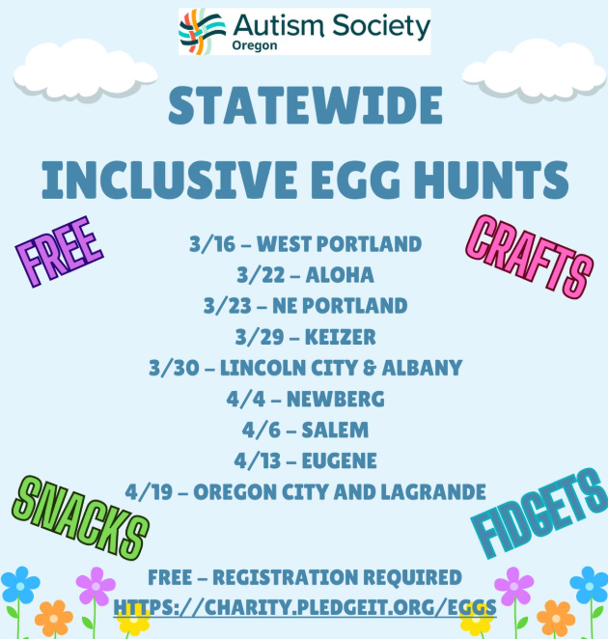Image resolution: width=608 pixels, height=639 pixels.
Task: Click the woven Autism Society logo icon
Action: coord(202,32)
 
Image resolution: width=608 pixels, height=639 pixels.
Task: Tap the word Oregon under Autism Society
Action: coord(255,45)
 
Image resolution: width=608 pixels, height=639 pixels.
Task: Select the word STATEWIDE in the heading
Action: coord(305,105)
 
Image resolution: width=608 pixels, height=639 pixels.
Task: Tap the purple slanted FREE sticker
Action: coord(60,251)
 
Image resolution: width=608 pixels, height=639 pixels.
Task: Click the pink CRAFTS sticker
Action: coord(530,257)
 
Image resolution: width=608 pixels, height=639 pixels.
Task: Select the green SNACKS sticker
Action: coord(80,517)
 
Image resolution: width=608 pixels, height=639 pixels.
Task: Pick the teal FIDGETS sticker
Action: coord(539,514)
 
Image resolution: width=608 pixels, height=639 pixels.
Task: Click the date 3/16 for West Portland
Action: coord(212,244)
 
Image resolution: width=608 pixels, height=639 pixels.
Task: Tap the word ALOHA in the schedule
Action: coord(340,275)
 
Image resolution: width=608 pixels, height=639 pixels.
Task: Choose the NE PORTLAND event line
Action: coord(305,306)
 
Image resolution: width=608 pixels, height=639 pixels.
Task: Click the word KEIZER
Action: coord(341,337)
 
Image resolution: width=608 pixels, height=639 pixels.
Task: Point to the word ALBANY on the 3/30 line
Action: coord(422,368)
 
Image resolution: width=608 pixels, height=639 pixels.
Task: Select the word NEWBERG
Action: coord(336,399)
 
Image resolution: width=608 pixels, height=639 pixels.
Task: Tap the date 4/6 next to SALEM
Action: coord(262,430)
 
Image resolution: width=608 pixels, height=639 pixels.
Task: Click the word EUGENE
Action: coord(340,461)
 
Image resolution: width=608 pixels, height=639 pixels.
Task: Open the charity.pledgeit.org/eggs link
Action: coord(305,607)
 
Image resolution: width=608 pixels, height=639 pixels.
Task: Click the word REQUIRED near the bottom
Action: coord(412,577)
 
